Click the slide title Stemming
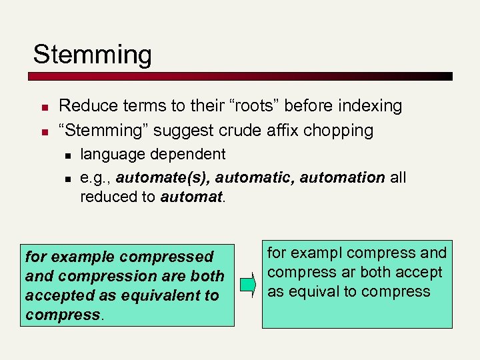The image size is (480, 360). point(93,55)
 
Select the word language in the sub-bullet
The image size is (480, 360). point(114,155)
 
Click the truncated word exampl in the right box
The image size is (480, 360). point(318,253)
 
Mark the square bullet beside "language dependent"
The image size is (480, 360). point(68,156)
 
